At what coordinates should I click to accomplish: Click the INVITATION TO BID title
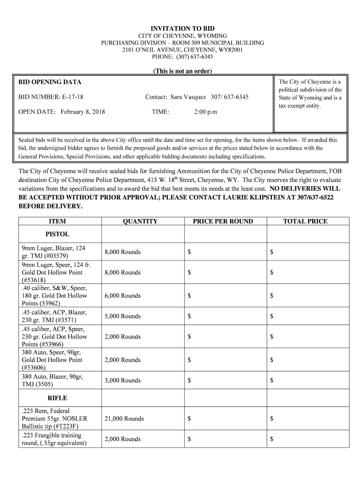tap(182, 29)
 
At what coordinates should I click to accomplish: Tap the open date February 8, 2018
tap(83, 112)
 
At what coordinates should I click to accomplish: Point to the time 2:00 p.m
tap(205, 112)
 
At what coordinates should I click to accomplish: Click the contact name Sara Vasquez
tap(188, 97)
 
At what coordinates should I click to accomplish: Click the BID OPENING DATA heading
tap(50, 82)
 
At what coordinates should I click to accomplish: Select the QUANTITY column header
tap(140, 221)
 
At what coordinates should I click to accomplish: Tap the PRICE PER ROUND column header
tap(223, 221)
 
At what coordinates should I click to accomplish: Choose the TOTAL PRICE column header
tap(305, 221)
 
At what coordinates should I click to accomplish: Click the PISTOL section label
tap(57, 234)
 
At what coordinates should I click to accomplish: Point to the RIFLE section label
tap(57, 398)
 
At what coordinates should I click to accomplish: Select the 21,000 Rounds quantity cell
tap(124, 419)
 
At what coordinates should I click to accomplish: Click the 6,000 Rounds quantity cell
tap(122, 296)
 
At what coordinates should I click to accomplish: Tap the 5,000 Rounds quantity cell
tap(122, 316)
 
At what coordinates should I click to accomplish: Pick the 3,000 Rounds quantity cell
tap(122, 380)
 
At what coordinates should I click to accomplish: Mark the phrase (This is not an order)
tap(182, 71)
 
